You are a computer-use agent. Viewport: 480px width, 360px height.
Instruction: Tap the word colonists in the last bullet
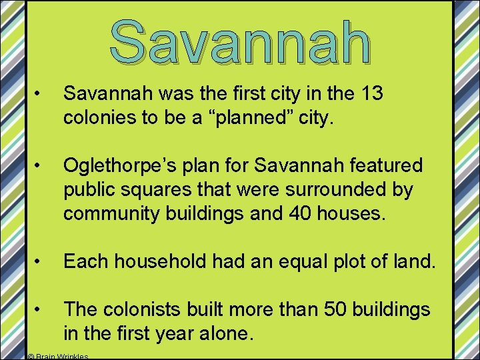[x=144, y=309]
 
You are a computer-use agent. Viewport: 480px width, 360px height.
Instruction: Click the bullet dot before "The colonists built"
[x=41, y=309]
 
